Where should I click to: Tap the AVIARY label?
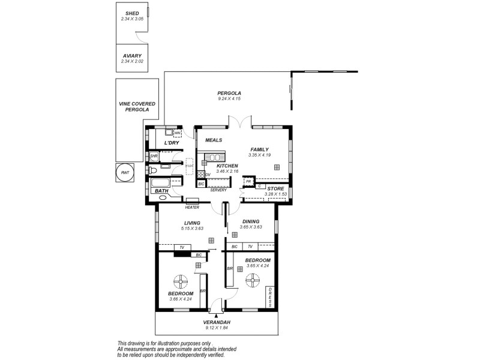[x=131, y=55]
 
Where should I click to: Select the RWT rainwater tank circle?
[x=125, y=172]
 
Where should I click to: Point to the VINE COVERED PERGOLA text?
[x=137, y=107]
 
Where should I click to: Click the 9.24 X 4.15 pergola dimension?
[x=229, y=99]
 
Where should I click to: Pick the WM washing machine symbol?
[x=178, y=133]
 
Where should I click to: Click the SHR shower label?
[x=154, y=157]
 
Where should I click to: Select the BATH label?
[x=161, y=191]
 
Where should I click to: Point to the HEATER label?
[x=192, y=207]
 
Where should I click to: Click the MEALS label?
[x=214, y=140]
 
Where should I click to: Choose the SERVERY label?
[x=218, y=190]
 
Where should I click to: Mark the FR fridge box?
[x=248, y=181]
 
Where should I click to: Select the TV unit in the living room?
[x=182, y=247]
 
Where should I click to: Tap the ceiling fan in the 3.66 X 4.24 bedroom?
[x=181, y=280]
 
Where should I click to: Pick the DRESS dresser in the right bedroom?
[x=271, y=296]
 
